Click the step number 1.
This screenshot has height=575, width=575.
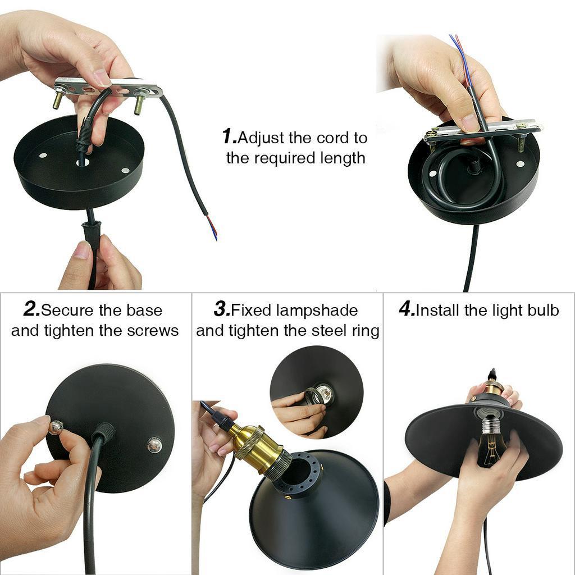tap(229, 136)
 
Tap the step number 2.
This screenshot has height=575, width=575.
tap(31, 309)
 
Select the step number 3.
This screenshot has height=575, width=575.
tap(222, 309)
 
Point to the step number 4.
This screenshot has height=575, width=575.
tap(407, 309)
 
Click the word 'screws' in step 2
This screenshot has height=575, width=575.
tap(153, 331)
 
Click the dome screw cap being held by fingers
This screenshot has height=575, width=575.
tap(56, 427)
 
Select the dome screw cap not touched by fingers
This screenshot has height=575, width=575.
tap(154, 445)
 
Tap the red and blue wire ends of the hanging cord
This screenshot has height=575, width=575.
tap(212, 228)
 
